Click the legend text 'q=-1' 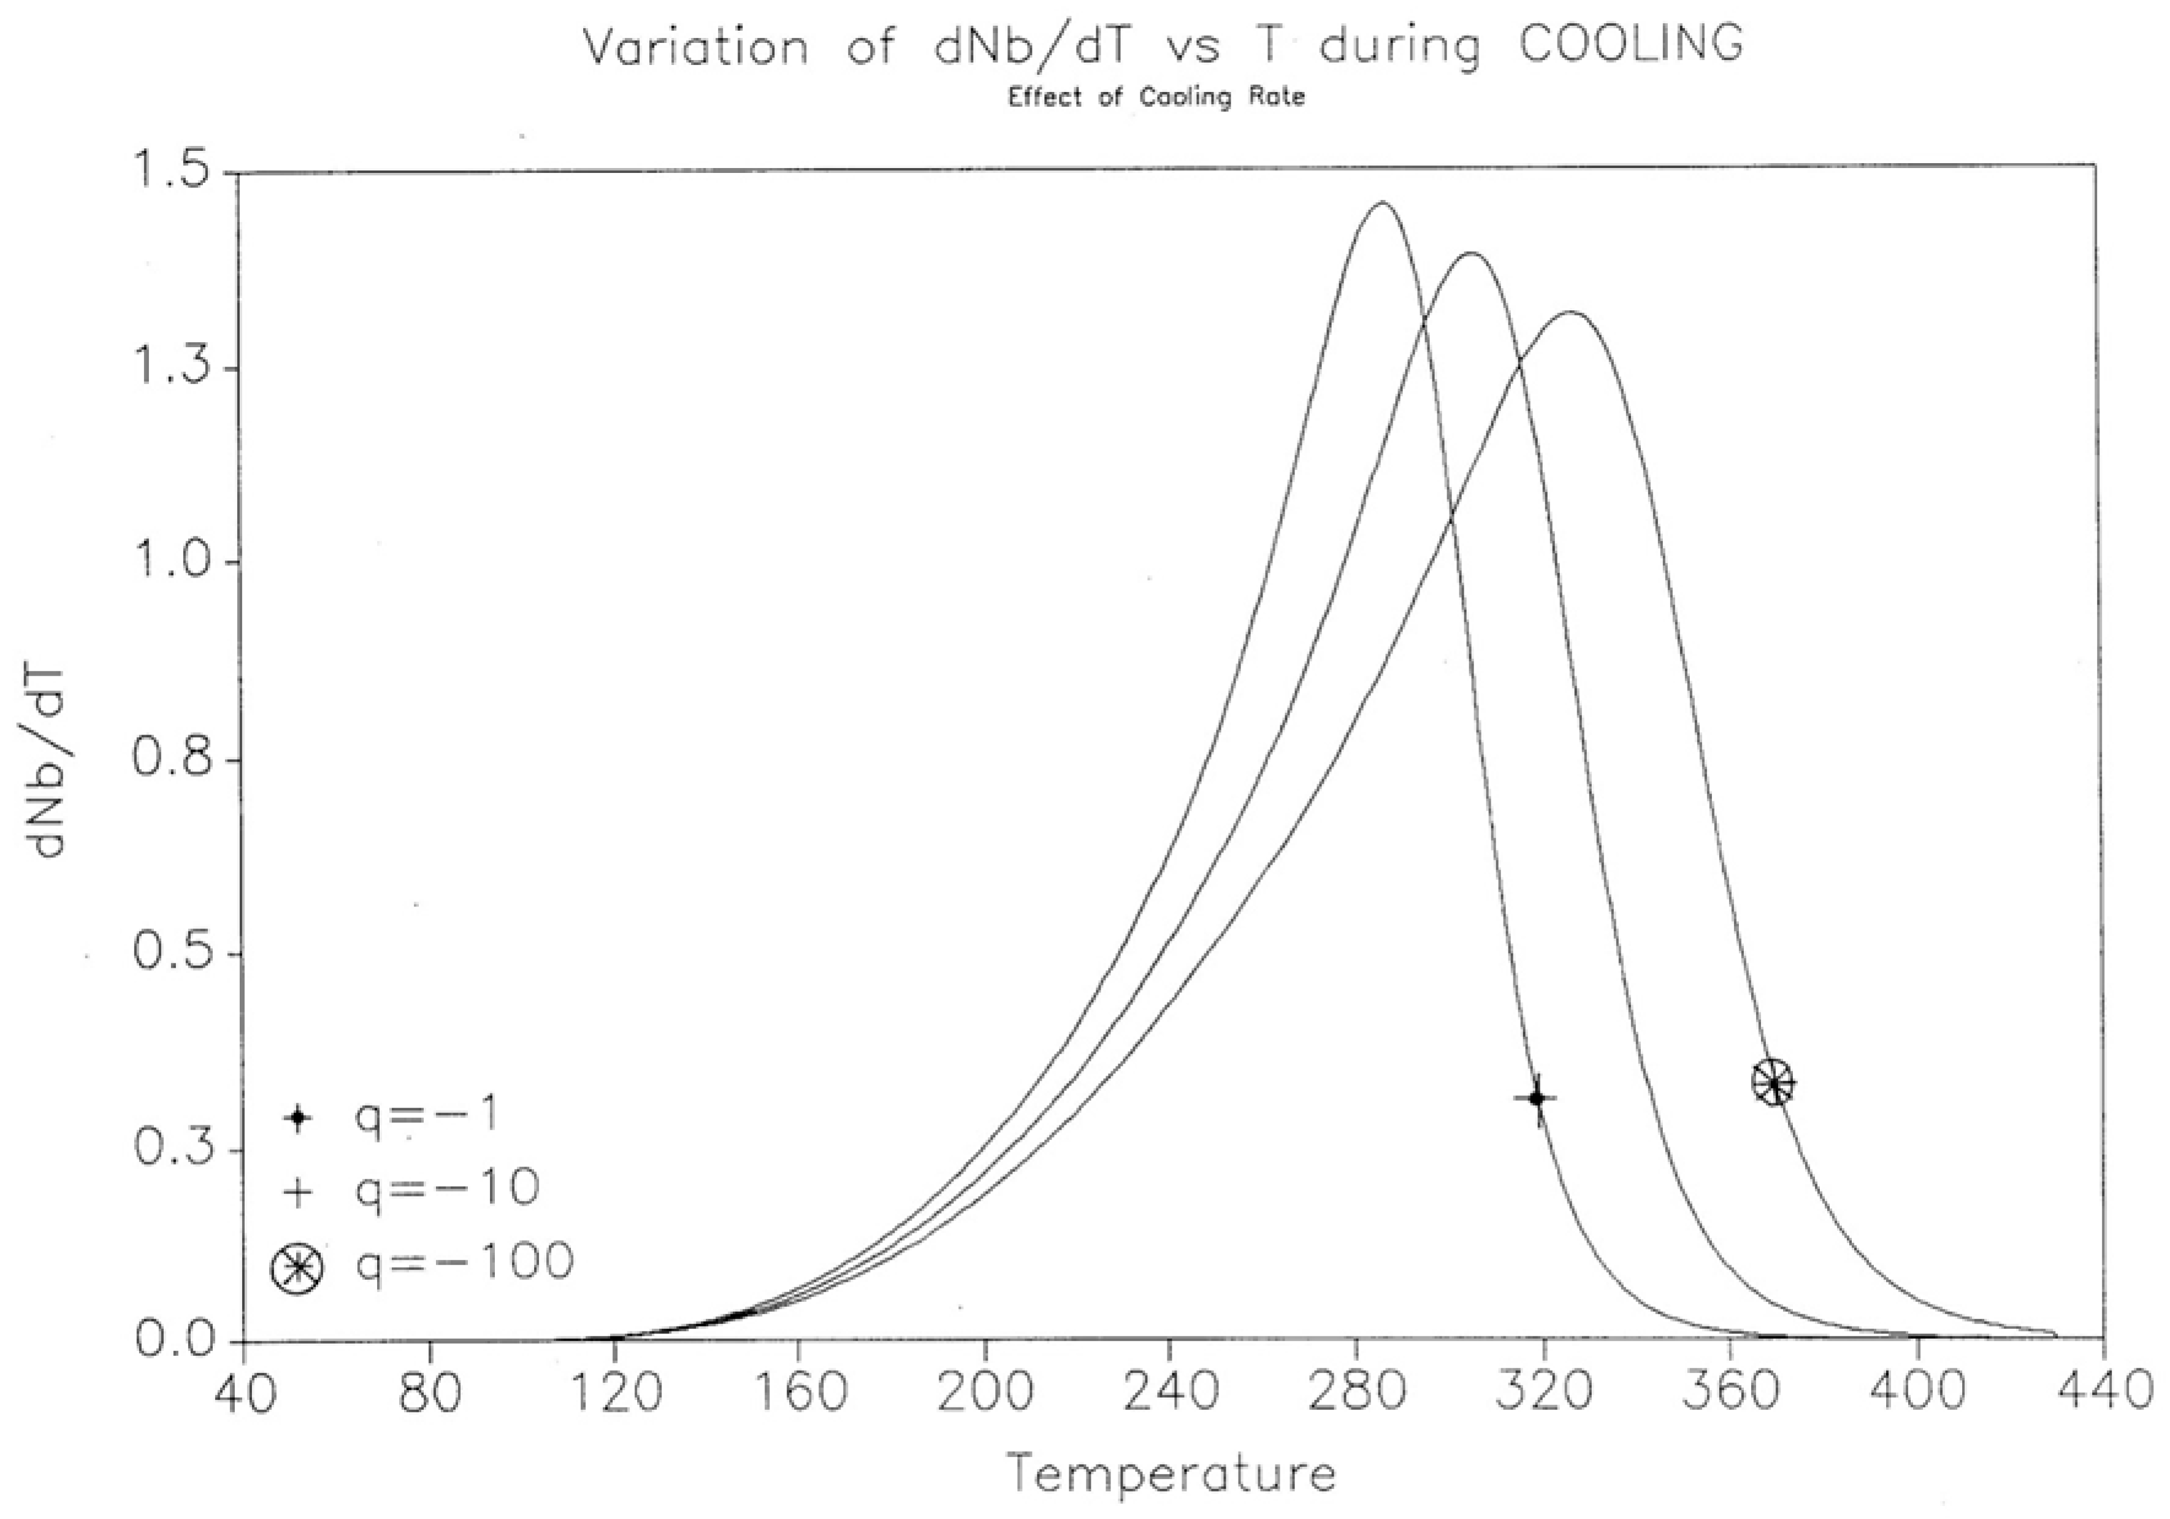tap(426, 1115)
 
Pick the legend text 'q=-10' tap(446, 1188)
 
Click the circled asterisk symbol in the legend tap(298, 1266)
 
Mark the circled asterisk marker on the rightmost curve tap(1773, 1082)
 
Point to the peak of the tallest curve tap(1381, 202)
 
